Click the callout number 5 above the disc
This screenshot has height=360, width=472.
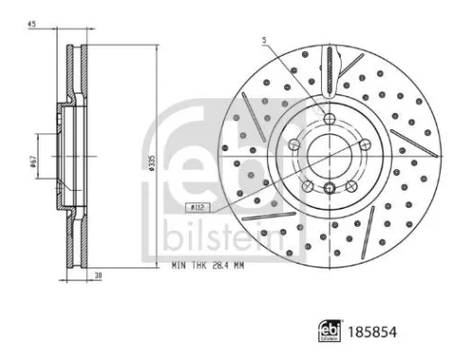click(265, 40)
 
